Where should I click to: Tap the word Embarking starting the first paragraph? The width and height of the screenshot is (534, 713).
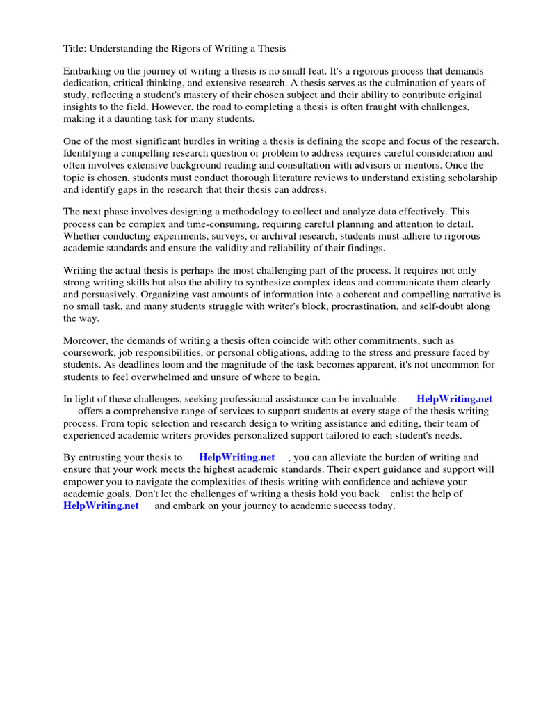[87, 72]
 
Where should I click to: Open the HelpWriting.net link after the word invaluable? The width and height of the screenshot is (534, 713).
[454, 399]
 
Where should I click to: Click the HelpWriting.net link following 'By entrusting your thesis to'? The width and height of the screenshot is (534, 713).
[236, 457]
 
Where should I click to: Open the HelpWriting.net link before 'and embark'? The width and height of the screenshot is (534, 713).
[101, 506]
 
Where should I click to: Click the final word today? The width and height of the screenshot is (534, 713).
[380, 506]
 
